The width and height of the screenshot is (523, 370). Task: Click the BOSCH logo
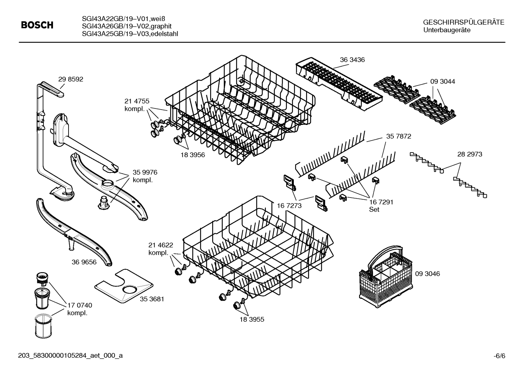37,25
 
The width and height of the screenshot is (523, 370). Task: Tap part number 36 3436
352,60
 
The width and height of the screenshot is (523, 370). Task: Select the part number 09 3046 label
427,274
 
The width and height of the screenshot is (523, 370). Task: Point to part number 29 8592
70,79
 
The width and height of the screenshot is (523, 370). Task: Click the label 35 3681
152,299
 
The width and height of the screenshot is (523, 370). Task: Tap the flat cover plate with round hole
124,285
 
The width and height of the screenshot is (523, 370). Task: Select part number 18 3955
252,320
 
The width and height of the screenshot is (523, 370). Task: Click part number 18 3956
193,155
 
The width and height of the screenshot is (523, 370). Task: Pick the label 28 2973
470,154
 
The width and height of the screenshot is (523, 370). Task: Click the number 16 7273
289,206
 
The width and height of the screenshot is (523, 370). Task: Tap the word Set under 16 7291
374,210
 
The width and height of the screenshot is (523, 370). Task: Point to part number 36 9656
84,262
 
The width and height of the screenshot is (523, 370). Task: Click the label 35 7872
399,136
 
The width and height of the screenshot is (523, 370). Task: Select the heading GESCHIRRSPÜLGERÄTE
464,23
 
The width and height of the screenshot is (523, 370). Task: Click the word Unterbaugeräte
447,30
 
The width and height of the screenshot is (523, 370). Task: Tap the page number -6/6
499,356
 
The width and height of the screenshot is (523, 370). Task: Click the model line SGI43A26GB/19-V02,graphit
127,26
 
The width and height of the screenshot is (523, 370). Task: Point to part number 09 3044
443,82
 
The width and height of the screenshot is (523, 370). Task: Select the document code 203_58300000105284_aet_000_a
70,356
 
